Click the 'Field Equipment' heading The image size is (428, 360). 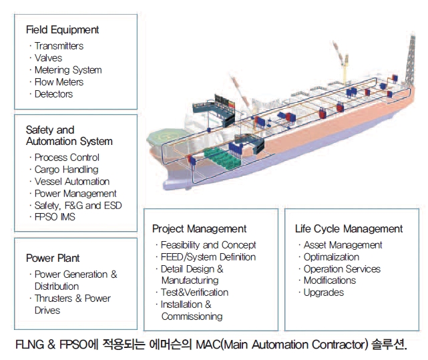pyautogui.click(x=62, y=30)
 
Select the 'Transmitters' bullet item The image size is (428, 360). pyautogui.click(x=59, y=46)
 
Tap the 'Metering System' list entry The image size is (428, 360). pyautogui.click(x=68, y=70)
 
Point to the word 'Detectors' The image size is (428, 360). pyautogui.click(x=54, y=94)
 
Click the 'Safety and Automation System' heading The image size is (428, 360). pyautogui.click(x=69, y=136)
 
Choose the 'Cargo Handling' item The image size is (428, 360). pyautogui.click(x=66, y=170)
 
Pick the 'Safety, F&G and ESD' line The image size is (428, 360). pyautogui.click(x=78, y=206)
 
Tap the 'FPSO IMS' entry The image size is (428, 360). pyautogui.click(x=55, y=217)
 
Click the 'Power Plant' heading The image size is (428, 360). pyautogui.click(x=53, y=258)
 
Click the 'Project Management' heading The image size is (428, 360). pyautogui.click(x=199, y=229)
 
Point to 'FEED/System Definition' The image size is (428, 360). pyautogui.click(x=208, y=257)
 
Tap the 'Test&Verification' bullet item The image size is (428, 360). pyautogui.click(x=194, y=293)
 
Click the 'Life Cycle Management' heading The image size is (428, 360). pyautogui.click(x=349, y=229)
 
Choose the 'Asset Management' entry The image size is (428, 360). pyautogui.click(x=343, y=245)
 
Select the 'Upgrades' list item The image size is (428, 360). pyautogui.click(x=324, y=293)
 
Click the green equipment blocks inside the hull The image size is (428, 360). pyautogui.click(x=222, y=158)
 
